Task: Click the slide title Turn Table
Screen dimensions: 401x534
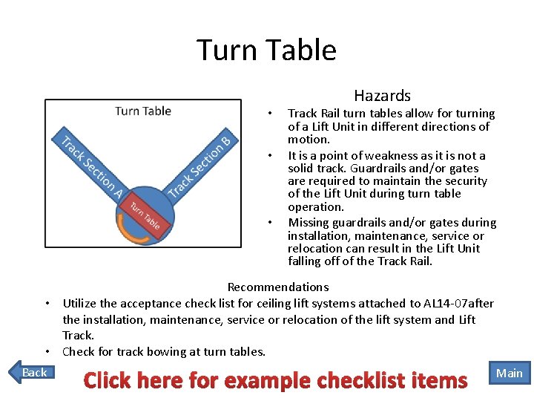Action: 266,50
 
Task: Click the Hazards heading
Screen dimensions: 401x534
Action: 382,96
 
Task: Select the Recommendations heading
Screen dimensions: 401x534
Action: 278,287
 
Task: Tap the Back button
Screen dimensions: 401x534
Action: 34,372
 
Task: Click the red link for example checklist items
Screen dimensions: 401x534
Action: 275,380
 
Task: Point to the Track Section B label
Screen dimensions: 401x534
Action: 200,165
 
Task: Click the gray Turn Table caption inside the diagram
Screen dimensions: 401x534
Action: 143,111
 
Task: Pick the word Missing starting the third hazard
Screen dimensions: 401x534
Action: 309,223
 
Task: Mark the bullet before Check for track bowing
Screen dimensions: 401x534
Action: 46,351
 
